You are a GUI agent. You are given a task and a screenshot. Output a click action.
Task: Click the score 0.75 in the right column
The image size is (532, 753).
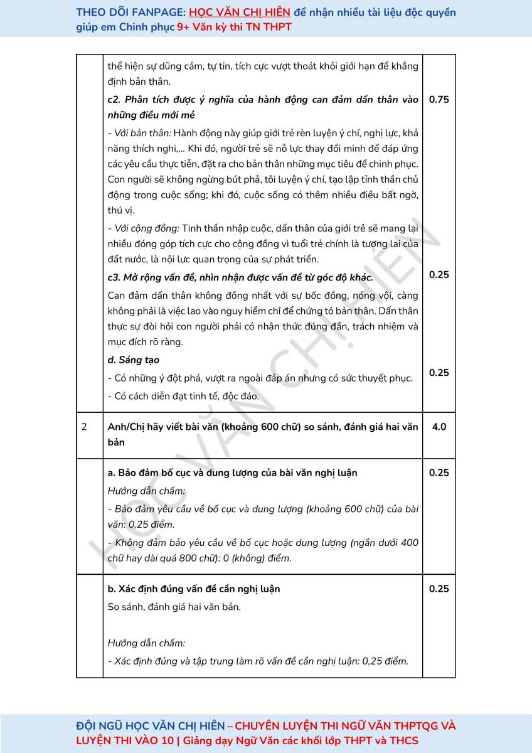439,99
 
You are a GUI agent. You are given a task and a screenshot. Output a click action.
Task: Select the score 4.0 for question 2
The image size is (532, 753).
439,427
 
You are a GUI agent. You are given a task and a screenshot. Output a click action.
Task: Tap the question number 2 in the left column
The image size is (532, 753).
84,427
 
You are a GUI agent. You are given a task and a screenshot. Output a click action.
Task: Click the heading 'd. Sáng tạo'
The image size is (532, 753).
133,360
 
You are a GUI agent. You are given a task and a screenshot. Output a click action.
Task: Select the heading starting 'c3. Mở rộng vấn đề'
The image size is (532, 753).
240,277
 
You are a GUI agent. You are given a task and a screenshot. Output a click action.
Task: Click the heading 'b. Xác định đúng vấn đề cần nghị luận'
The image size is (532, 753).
194,589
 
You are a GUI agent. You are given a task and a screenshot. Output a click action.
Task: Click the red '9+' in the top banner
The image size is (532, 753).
183,27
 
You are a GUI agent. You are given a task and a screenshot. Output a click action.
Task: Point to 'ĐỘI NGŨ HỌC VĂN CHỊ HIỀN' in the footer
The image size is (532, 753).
150,726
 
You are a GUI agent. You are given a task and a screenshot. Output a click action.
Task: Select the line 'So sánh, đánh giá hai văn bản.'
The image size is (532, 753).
174,607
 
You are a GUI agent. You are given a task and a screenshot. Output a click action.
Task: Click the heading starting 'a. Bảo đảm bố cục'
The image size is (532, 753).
233,473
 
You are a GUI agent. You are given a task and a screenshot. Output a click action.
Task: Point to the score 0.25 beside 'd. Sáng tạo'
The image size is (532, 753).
439,373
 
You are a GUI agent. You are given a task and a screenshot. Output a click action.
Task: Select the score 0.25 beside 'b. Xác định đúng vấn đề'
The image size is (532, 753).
439,589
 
